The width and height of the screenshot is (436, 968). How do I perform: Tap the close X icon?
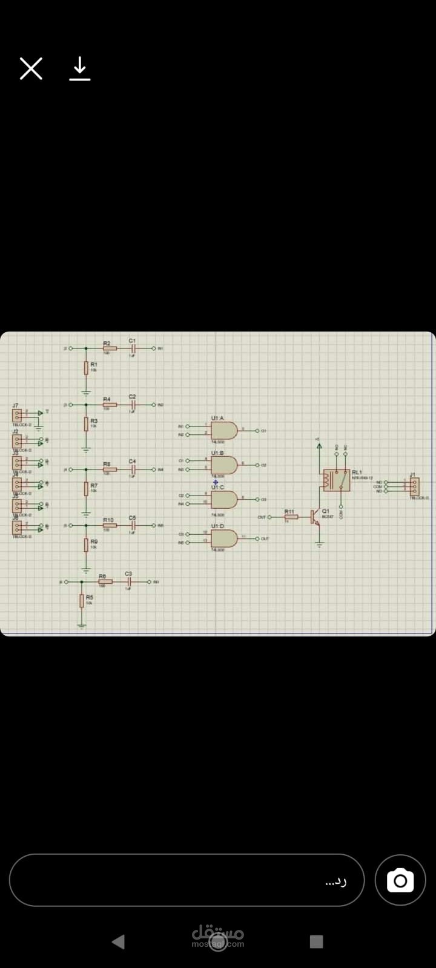tap(31, 69)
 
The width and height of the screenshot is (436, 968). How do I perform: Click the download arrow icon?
tap(79, 69)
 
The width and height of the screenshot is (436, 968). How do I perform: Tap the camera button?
tap(400, 880)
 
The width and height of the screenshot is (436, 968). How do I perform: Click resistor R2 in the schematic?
tap(110, 349)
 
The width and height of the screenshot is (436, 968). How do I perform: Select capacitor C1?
tap(132, 349)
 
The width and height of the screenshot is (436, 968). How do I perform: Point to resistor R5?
tap(82, 601)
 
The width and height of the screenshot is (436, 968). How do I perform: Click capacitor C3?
tap(128, 581)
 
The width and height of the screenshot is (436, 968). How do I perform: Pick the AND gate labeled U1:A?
tap(224, 431)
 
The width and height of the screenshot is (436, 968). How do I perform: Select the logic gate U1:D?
tap(224, 538)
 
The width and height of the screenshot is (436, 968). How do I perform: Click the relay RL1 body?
tap(336, 480)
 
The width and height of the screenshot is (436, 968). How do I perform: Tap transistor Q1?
tap(315, 517)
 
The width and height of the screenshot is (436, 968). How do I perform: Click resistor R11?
tap(291, 517)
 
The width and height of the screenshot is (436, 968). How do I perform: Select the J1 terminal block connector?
tap(415, 486)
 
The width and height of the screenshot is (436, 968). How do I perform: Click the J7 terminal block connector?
tap(17, 415)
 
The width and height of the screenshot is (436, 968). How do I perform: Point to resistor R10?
tap(110, 525)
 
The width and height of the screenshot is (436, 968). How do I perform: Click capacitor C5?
tap(132, 525)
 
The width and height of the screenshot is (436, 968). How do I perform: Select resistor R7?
tap(87, 489)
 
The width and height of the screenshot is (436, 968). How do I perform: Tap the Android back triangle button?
tap(119, 941)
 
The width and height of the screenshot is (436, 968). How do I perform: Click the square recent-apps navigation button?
tap(316, 941)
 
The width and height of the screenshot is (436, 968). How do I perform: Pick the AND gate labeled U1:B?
tap(224, 465)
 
